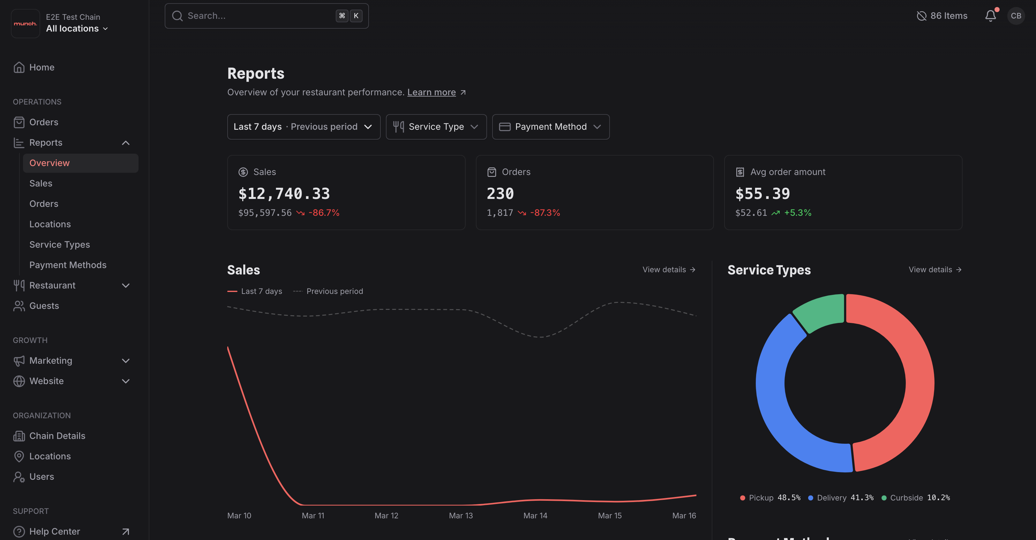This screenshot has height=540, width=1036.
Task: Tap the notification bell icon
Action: (990, 16)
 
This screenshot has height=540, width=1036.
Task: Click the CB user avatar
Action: (1016, 16)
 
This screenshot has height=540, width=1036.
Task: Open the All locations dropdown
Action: (76, 28)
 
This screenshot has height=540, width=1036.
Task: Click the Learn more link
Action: (431, 92)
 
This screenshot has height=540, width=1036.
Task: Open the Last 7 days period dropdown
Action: (303, 127)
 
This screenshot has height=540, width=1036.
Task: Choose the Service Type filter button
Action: (436, 127)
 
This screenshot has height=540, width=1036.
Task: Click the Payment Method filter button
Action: (550, 127)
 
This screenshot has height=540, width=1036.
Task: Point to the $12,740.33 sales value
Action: (284, 194)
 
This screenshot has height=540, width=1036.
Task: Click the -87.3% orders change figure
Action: (544, 213)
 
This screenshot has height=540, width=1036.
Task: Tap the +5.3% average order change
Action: (797, 213)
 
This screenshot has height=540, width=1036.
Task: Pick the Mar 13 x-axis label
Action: (461, 515)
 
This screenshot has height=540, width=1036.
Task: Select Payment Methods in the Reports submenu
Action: (68, 265)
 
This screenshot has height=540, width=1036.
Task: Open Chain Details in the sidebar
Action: (57, 436)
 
